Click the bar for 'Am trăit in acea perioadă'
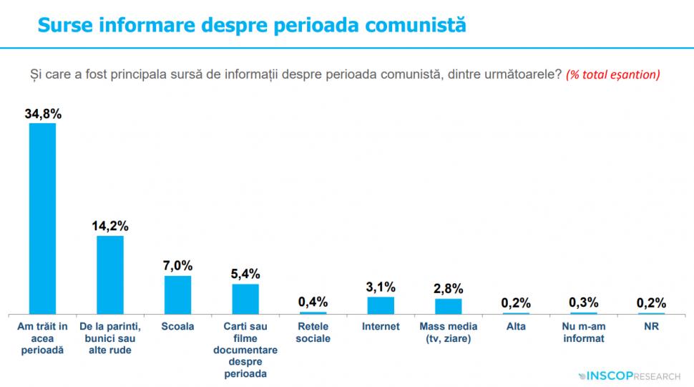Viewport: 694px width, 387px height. click(42, 219)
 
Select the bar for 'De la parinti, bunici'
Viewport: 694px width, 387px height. click(110, 274)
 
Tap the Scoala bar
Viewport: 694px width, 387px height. click(177, 295)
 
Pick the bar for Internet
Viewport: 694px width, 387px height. click(381, 305)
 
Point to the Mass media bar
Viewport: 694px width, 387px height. click(449, 306)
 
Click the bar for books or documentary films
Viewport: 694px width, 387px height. click(245, 299)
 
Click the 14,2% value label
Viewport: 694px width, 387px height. click(110, 225)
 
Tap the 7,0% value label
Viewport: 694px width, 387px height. click(177, 265)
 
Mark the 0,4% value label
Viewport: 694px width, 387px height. click(313, 301)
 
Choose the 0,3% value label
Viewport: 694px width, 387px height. click(583, 302)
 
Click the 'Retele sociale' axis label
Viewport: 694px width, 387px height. click(313, 333)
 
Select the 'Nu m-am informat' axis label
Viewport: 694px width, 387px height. click(583, 333)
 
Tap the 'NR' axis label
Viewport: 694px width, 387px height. click(651, 327)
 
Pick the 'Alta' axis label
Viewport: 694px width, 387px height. click(516, 327)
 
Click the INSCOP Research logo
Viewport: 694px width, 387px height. click(629, 375)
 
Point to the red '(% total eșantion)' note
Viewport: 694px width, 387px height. click(612, 75)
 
